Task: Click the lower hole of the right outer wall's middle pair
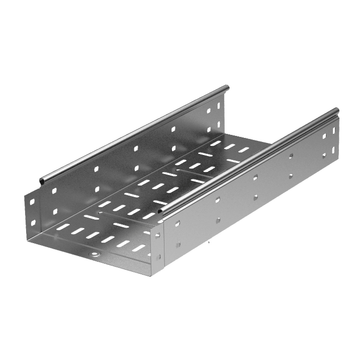(255, 196)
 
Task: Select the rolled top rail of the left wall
(130, 135)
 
